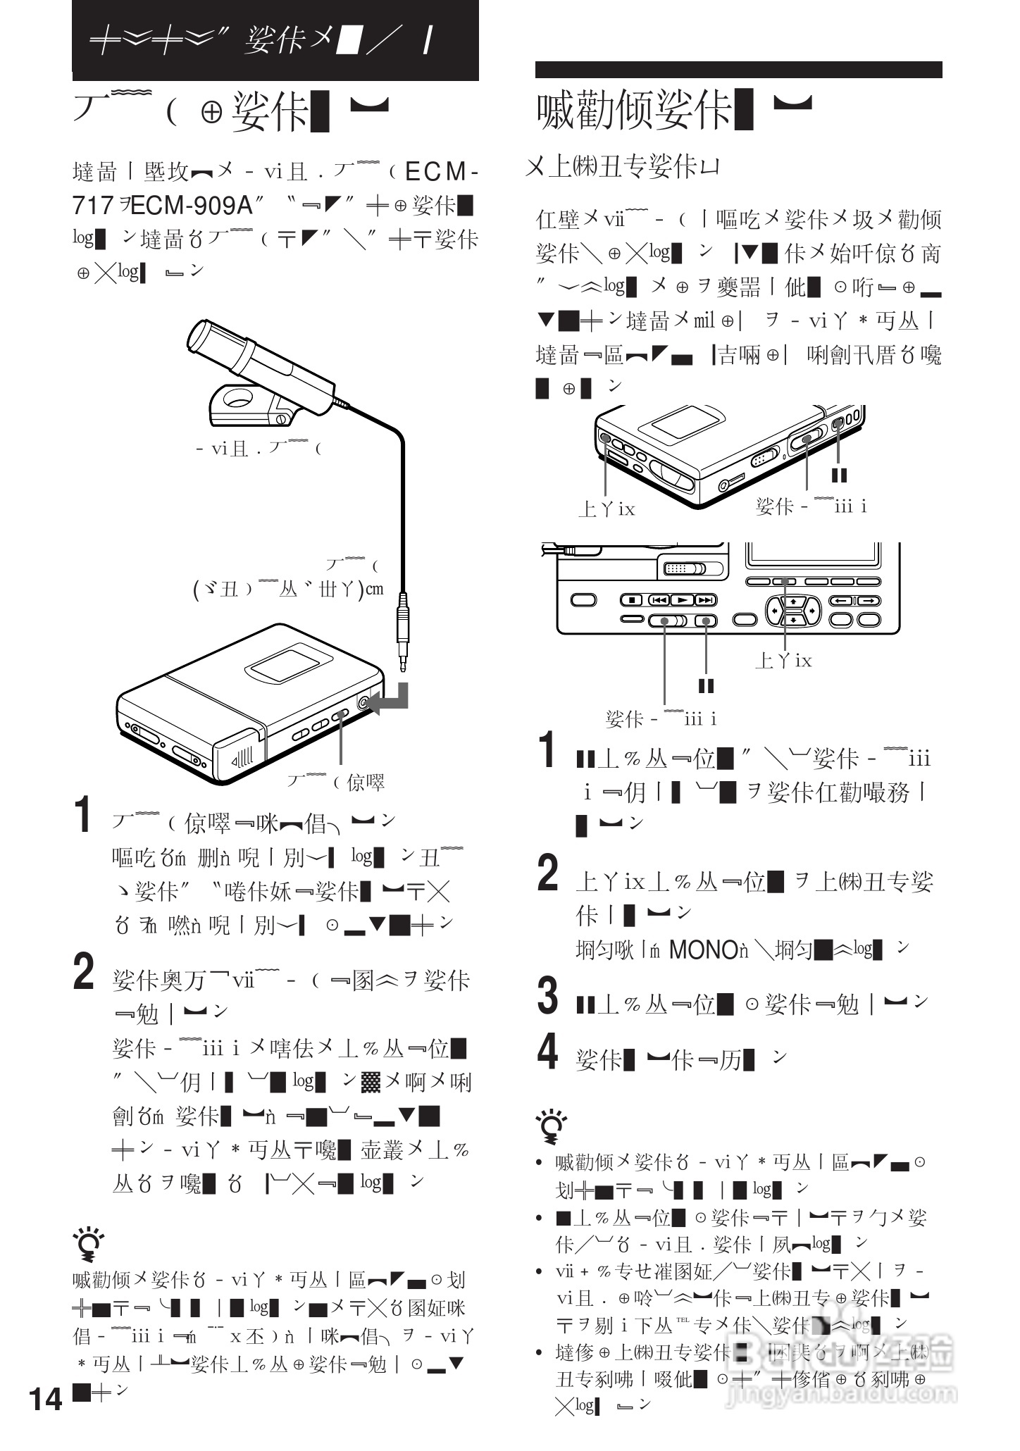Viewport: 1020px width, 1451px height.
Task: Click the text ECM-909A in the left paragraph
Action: point(191,206)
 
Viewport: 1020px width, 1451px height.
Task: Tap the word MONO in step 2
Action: point(702,950)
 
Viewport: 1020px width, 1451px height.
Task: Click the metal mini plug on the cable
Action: point(402,630)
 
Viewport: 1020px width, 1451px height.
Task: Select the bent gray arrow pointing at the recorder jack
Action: point(390,699)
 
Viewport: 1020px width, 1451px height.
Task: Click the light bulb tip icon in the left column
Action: point(89,1245)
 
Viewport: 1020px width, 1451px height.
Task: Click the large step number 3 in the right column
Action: point(548,996)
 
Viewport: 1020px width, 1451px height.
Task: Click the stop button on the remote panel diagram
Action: point(633,600)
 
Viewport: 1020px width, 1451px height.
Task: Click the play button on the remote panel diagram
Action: point(682,600)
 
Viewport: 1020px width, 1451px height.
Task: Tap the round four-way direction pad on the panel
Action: point(793,610)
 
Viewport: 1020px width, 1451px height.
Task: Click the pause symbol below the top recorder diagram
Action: point(839,475)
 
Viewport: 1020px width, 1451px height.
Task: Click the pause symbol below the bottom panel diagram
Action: point(705,685)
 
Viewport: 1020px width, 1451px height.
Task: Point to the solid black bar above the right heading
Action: point(738,69)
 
